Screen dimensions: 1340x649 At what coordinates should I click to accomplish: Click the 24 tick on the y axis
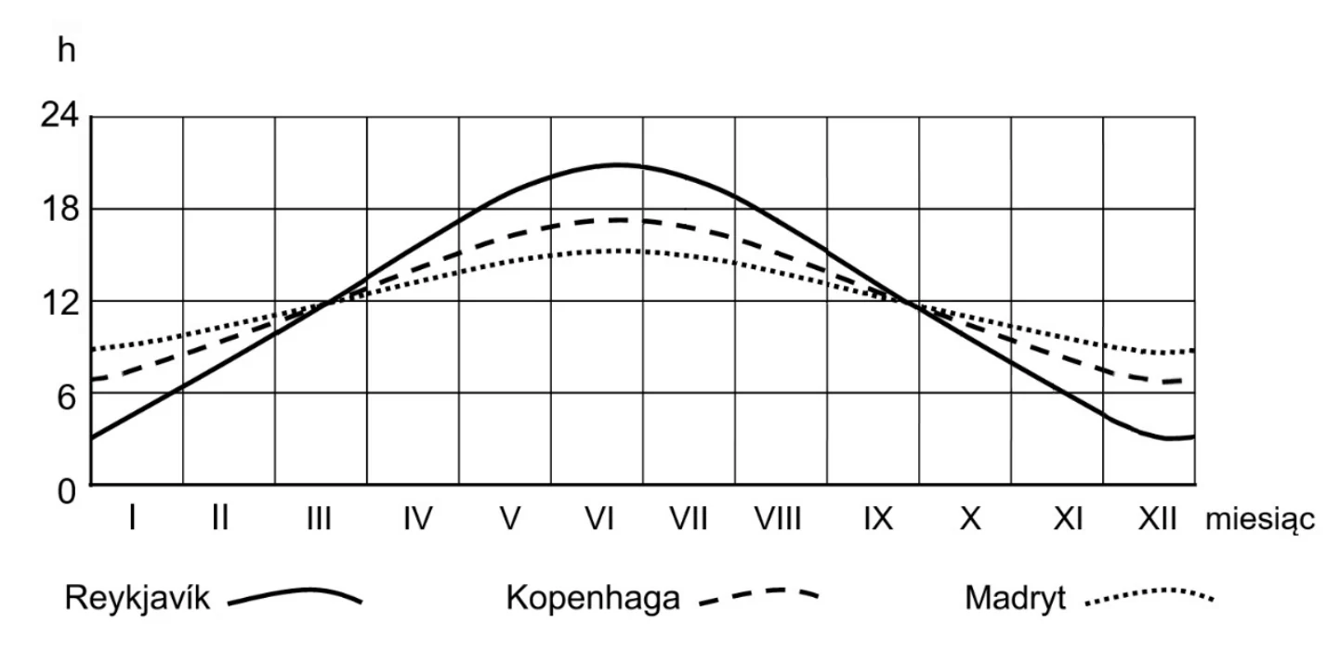point(59,114)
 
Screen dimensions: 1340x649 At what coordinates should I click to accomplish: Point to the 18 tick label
point(60,209)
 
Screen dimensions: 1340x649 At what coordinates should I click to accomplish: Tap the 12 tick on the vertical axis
point(60,303)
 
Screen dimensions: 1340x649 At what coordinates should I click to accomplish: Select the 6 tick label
point(66,396)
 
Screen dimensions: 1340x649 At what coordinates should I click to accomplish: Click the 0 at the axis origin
point(67,492)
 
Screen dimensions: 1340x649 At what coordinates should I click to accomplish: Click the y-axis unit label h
point(66,49)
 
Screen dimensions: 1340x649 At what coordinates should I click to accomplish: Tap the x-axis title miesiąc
point(1260,520)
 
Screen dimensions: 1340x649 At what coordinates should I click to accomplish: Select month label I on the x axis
point(132,518)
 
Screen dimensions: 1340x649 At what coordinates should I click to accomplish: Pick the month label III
point(319,518)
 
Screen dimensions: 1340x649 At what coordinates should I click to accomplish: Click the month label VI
point(599,518)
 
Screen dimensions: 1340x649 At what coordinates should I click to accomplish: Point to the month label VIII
point(777,518)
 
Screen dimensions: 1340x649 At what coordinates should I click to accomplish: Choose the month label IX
point(878,518)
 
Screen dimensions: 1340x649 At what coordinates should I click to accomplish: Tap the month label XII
point(1157,518)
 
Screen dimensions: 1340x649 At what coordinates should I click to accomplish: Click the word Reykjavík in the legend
point(137,598)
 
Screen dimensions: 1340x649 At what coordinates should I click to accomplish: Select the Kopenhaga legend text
point(593,598)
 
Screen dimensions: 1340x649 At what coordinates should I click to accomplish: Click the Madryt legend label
point(1015,598)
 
